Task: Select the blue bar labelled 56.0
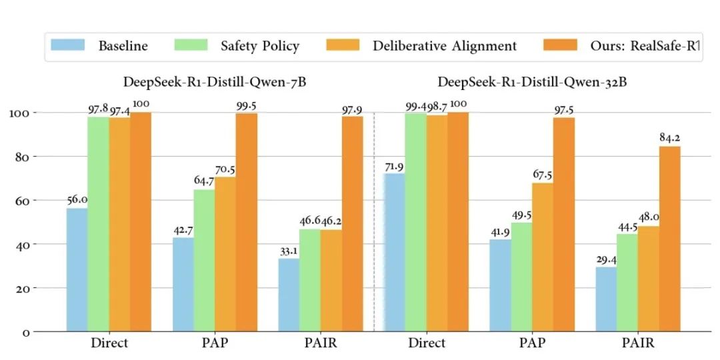point(77,269)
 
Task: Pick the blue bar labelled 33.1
point(289,295)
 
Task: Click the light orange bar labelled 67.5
point(542,257)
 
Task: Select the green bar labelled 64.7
point(204,260)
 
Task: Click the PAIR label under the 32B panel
point(637,344)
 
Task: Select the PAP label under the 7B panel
point(215,344)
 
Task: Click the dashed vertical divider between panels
point(374,220)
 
